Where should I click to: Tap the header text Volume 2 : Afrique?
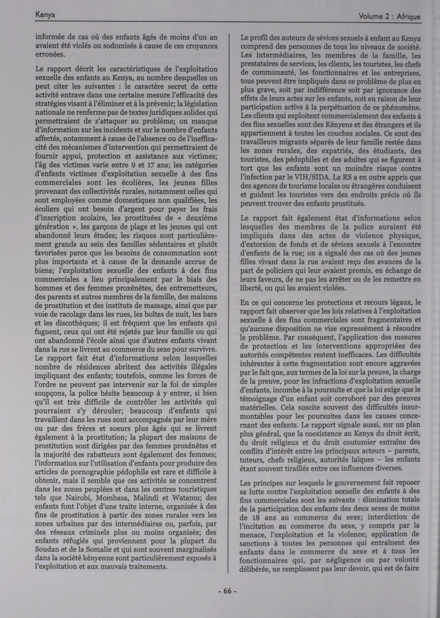point(389,17)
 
